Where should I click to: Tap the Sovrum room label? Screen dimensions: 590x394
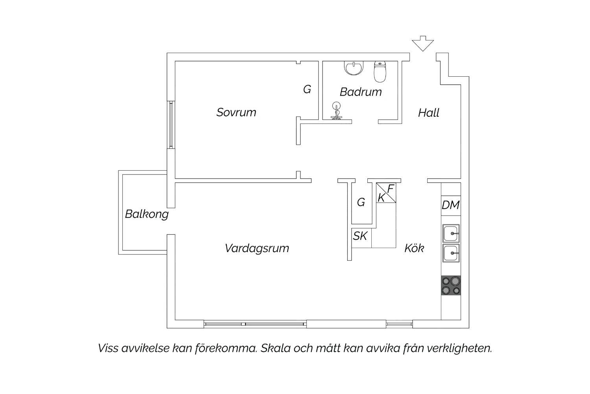236,112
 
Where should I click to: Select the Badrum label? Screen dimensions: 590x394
361,92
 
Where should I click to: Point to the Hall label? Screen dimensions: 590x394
429,113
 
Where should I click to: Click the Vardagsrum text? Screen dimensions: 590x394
257,249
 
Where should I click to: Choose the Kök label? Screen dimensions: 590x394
414,248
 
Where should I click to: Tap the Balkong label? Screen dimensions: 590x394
147,214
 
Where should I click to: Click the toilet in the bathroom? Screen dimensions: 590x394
380,72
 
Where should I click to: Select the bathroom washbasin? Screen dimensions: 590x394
354,68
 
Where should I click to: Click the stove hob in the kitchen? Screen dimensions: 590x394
451,285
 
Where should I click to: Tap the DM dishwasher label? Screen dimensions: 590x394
451,205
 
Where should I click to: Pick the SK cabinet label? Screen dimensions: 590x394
360,236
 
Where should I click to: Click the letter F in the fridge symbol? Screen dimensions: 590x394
390,189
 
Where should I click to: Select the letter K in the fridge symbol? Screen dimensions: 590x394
381,198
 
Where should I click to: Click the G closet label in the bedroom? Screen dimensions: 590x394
307,90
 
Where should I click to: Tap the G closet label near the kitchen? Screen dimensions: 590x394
361,203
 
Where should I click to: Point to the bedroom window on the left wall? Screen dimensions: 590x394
171,125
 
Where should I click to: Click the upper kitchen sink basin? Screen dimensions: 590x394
451,233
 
